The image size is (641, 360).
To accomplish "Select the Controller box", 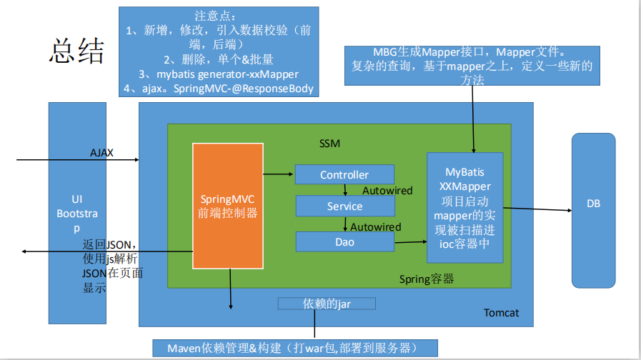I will (344, 174).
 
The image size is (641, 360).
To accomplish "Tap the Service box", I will (344, 206).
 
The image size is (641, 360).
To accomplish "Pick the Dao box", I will (344, 241).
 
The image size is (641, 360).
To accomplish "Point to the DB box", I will (593, 204).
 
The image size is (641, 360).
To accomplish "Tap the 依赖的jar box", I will (327, 304).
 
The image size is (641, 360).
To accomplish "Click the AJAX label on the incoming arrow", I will (101, 153).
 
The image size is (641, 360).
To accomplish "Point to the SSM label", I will (329, 144).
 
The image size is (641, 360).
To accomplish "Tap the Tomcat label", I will (501, 313).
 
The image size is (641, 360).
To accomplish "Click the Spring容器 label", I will (426, 279).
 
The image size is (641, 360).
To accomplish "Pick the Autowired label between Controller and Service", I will (387, 191).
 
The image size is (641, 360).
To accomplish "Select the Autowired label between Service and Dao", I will (375, 227).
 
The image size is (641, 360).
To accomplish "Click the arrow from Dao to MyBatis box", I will (410, 242).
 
